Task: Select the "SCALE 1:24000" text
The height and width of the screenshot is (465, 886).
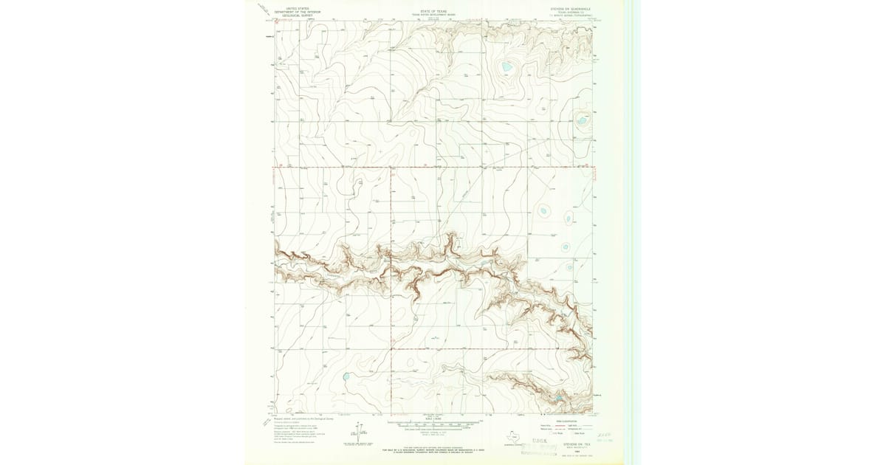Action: [433, 421]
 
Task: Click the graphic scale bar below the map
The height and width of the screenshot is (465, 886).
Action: [433, 426]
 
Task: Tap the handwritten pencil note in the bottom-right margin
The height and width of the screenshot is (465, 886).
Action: [605, 438]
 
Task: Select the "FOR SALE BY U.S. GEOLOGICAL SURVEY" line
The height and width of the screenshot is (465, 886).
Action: [433, 448]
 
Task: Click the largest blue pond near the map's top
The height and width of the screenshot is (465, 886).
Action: [507, 67]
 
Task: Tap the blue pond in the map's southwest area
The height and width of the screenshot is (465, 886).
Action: [346, 377]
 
